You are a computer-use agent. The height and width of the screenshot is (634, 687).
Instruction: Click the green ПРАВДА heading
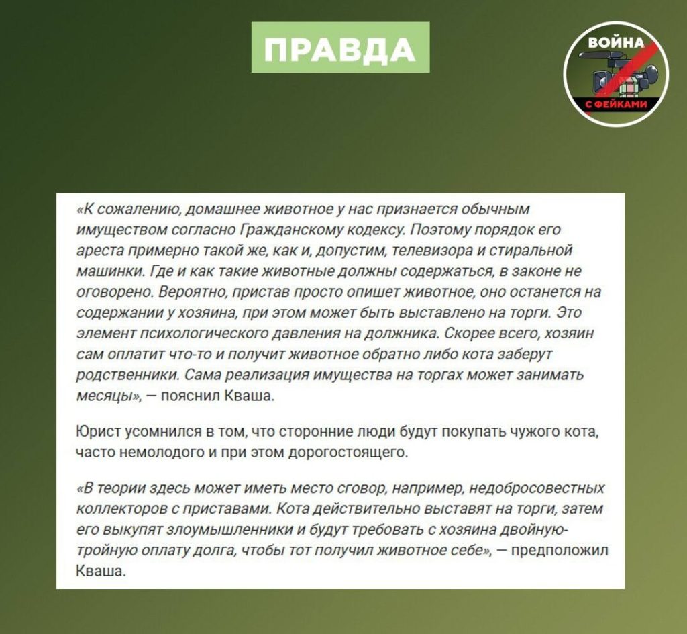pyautogui.click(x=340, y=48)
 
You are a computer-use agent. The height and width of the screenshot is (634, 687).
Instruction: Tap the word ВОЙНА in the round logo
pyautogui.click(x=615, y=42)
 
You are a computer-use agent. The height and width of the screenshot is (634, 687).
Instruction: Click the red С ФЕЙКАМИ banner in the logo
pyautogui.click(x=616, y=105)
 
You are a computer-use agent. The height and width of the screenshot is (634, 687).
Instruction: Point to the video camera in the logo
pyautogui.click(x=614, y=76)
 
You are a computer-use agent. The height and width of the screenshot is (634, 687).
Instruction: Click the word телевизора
pyautogui.click(x=447, y=251)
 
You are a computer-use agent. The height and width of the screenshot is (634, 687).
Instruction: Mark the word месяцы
pyautogui.click(x=105, y=396)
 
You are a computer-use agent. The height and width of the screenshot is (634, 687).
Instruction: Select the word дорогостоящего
pyautogui.click(x=348, y=451)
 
